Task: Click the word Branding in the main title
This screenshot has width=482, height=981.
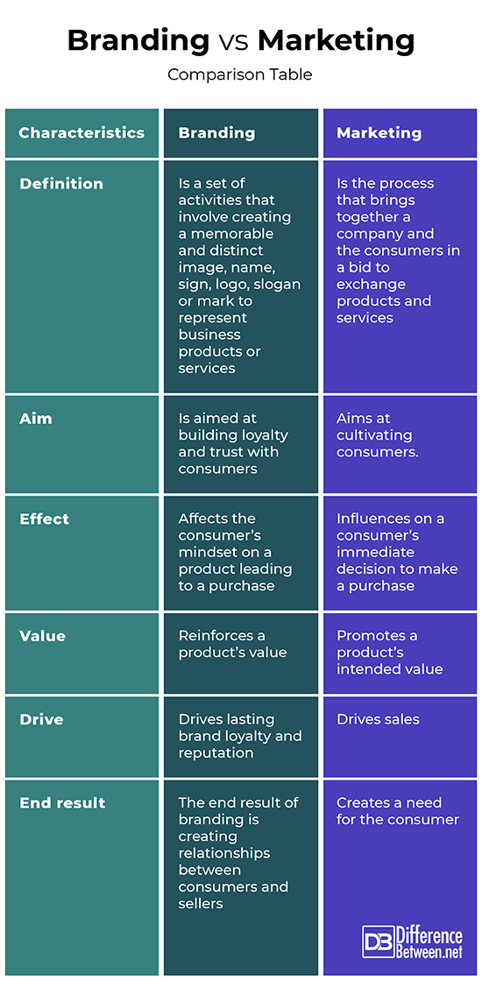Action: (x=138, y=41)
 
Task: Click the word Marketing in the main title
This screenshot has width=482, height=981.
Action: (x=337, y=41)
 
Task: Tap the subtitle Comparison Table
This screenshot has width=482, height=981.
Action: (x=240, y=75)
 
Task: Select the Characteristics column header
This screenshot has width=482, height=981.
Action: (x=82, y=132)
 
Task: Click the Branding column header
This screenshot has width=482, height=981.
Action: (x=216, y=133)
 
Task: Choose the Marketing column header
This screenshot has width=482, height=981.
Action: (x=379, y=133)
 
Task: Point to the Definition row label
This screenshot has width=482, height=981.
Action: (x=61, y=183)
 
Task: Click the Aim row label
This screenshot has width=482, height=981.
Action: (x=35, y=418)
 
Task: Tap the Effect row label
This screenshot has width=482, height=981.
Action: (x=45, y=519)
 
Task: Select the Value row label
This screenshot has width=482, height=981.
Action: (x=43, y=636)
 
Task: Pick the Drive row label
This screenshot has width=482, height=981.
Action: (x=41, y=719)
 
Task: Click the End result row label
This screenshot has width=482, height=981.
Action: (x=62, y=802)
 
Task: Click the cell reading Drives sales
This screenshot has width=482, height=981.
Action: (x=378, y=719)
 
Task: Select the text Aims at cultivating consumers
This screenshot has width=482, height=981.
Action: (x=378, y=434)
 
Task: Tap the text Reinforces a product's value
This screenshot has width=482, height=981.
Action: (x=233, y=645)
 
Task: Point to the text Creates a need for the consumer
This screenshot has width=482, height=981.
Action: (x=398, y=811)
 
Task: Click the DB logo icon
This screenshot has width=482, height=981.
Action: (x=378, y=942)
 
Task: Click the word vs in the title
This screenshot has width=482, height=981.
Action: (x=233, y=43)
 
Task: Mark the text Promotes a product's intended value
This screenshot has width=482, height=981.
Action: (x=390, y=653)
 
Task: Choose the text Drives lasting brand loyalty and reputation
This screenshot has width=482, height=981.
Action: (x=240, y=737)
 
